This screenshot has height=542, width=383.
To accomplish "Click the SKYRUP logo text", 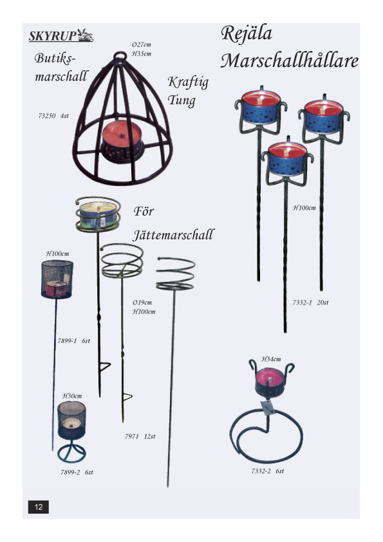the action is (53, 36).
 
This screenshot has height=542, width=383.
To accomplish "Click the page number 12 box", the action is (39, 507).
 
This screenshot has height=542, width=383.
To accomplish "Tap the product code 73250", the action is (46, 116).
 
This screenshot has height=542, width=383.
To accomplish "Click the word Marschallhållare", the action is (289, 61).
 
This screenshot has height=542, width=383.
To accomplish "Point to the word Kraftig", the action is (188, 82).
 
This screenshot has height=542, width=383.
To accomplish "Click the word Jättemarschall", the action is (173, 235).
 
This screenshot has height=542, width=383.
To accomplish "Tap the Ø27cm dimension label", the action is (142, 44).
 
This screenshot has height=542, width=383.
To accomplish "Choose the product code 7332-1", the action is (302, 303).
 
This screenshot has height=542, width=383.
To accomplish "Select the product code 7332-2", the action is (261, 471).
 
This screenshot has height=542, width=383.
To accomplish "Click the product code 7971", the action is (132, 436).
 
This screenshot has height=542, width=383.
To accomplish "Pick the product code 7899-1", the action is (67, 341).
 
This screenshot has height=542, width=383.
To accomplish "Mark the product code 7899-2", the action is (70, 472).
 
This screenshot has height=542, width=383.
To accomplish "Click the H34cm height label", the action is (271, 359).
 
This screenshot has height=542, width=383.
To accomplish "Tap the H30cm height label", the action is (72, 396).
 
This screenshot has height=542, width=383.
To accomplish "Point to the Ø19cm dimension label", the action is (142, 303).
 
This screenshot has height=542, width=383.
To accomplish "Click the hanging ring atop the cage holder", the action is (120, 55).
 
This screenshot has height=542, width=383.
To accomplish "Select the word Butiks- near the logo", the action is (55, 58).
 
